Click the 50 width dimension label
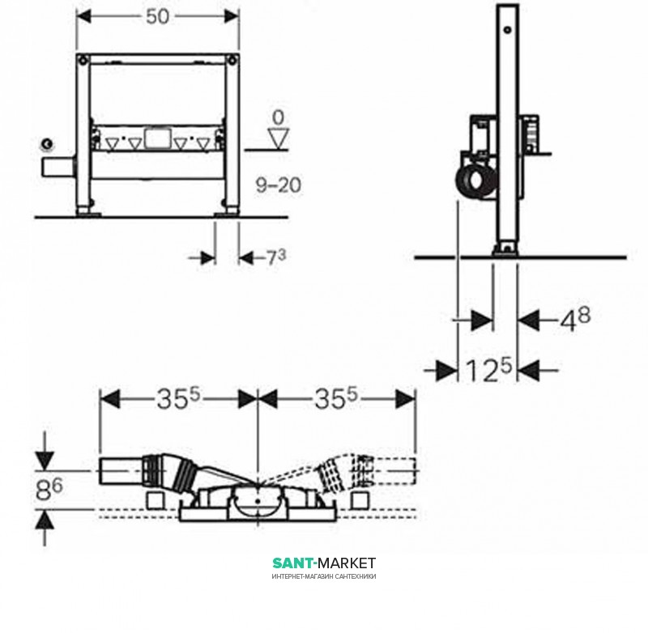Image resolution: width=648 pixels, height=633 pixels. click(157, 16)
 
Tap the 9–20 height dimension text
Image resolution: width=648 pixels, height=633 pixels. click(279, 185)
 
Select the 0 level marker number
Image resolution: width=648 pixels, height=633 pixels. click(279, 117)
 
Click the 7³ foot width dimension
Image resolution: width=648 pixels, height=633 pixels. click(275, 257)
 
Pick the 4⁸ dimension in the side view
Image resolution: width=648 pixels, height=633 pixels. click(575, 318)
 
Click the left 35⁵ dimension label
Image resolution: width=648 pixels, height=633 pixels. click(178, 399)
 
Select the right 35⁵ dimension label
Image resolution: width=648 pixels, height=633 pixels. click(336, 399)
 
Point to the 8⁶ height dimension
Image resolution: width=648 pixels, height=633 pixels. click(49, 490)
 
